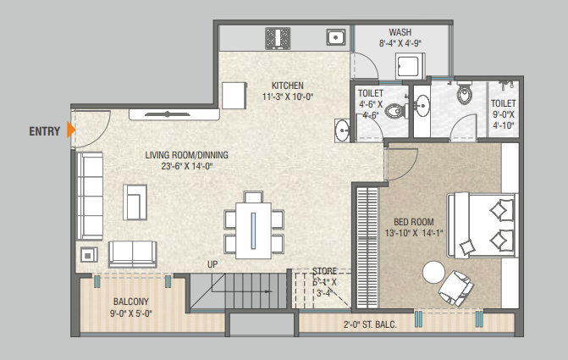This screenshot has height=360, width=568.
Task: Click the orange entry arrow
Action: [x=72, y=130]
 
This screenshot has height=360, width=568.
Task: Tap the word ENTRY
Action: [x=44, y=131]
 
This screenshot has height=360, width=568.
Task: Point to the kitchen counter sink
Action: [x=335, y=37]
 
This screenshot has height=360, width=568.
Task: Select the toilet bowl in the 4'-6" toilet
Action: [x=395, y=109]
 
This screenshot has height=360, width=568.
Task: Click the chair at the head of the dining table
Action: [x=253, y=197]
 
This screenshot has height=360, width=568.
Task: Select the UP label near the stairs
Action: [x=213, y=264]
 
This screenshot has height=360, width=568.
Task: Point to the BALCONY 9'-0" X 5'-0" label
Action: [x=130, y=307]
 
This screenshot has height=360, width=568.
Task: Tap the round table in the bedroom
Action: [x=434, y=272]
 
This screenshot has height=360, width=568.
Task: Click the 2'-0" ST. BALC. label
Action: [x=371, y=324]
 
